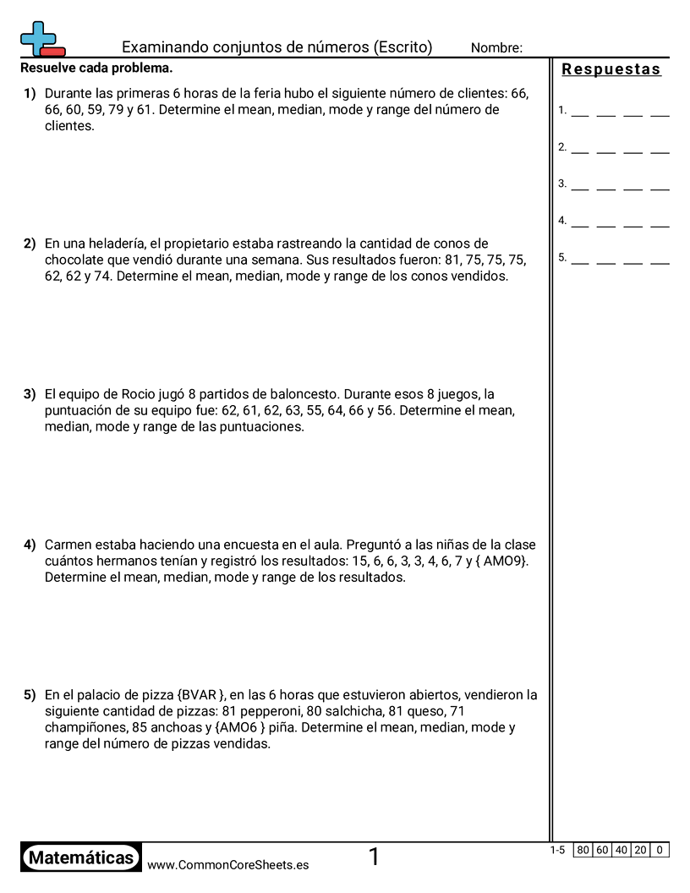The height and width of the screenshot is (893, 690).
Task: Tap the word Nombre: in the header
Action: click(x=496, y=48)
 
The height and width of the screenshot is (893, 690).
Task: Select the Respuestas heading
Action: click(x=611, y=69)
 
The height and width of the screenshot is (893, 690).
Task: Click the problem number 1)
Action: click(x=30, y=93)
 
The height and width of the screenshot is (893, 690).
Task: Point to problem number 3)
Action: click(x=30, y=394)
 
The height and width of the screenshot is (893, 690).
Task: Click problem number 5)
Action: click(x=30, y=695)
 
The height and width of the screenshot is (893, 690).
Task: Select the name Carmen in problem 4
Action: click(x=66, y=545)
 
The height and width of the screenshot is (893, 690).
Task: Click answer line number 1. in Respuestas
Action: click(x=562, y=110)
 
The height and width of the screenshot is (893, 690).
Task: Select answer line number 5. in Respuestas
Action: click(x=562, y=258)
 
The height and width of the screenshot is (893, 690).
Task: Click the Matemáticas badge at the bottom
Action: click(x=81, y=857)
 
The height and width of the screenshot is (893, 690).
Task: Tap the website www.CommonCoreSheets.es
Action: click(x=227, y=864)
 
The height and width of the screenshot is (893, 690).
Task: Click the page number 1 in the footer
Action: click(x=374, y=857)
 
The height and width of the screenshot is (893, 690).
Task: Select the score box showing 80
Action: click(x=583, y=850)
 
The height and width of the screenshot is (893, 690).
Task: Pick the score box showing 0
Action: click(x=660, y=850)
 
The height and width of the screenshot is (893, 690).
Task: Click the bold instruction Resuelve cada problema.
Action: click(x=96, y=68)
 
